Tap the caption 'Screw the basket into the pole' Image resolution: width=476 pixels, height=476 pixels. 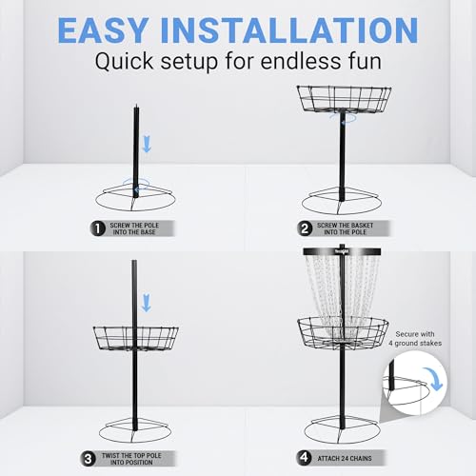pyautogui.click(x=354, y=228)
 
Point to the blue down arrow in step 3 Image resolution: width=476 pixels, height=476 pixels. pyautogui.click(x=146, y=304)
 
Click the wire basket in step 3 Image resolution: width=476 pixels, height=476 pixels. pyautogui.click(x=135, y=338)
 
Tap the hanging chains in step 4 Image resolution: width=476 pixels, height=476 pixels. pyautogui.click(x=342, y=286)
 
